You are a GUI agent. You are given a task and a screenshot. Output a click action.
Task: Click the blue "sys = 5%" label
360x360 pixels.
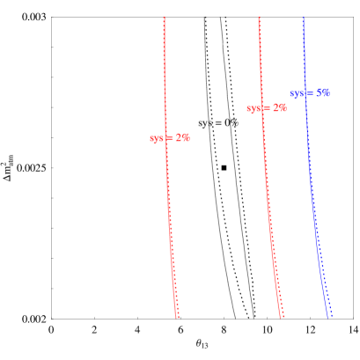310,92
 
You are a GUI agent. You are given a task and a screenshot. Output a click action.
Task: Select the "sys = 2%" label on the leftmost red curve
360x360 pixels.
169,138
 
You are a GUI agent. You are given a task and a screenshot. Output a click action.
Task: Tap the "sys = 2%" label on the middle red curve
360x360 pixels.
267,108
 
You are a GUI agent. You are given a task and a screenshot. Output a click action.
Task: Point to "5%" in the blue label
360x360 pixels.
323,92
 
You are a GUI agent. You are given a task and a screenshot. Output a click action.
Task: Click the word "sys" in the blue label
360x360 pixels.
298,92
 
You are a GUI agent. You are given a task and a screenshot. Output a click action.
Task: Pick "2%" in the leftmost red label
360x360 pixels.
182,138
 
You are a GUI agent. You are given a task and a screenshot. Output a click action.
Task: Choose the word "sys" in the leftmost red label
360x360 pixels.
157,138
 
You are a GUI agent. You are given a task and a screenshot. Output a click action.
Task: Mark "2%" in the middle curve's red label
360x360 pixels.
279,108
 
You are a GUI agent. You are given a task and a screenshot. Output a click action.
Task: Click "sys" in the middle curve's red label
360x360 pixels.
253,108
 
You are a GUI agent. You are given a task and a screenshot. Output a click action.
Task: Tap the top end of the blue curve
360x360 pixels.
303,18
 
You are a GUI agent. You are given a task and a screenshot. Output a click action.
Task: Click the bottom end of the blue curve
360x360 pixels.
330,316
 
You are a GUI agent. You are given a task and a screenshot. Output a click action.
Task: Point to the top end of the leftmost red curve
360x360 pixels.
165,18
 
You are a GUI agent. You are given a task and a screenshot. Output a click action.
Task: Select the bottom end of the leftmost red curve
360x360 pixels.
178,317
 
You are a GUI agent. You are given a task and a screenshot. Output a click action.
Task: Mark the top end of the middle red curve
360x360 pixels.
259,18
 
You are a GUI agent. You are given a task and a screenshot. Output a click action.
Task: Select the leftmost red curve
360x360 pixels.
168,220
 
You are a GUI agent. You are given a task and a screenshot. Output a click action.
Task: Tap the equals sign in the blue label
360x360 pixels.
311,92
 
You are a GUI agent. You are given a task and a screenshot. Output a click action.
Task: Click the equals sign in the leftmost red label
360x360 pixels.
170,138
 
